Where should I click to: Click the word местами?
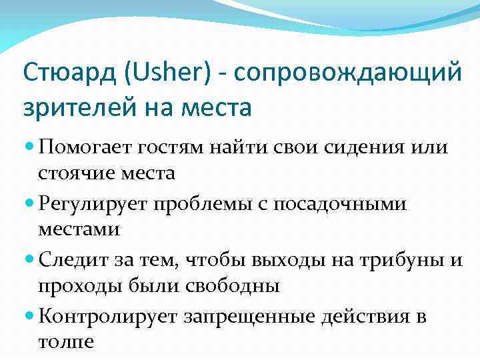[79, 230]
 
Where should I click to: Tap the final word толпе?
[66, 342]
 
